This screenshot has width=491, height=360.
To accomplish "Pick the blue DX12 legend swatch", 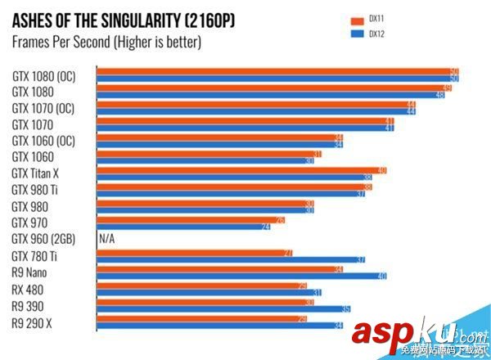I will point(356,34).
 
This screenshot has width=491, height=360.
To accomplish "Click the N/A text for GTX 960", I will point(106,240).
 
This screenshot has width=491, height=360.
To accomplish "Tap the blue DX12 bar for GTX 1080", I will point(270,95).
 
